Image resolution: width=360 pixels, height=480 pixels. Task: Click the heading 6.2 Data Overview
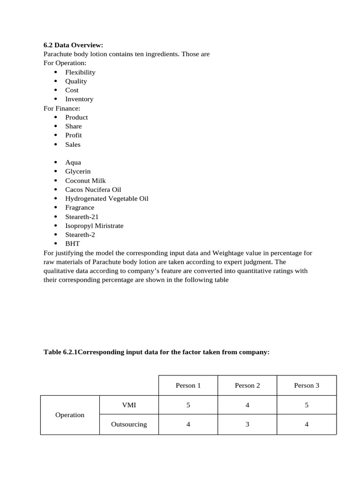73,45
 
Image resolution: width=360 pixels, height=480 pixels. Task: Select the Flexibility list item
80,72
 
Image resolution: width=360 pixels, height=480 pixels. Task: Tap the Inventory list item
79,99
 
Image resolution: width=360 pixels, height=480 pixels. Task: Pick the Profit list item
74,135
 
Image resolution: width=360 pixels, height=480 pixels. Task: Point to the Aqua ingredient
73,162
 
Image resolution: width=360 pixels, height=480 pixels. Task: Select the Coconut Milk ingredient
85,180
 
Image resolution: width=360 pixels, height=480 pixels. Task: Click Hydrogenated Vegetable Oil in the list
106,198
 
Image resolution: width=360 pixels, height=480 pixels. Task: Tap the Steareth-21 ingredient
82,217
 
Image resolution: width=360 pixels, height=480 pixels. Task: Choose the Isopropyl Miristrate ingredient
94,225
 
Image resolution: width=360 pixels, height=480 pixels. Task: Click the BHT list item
73,244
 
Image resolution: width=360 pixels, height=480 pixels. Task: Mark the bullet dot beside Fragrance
56,208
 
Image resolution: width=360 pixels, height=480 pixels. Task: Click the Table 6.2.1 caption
157,352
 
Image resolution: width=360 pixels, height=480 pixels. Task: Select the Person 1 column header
188,385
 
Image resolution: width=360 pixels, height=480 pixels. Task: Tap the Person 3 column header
307,385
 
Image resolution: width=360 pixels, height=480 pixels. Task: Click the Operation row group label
70,415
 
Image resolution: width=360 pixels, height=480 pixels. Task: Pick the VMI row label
129,405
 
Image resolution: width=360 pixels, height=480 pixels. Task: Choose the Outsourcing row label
129,424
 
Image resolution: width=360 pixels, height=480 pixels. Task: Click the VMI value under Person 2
247,405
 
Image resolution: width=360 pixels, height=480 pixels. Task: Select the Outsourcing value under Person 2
247,424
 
